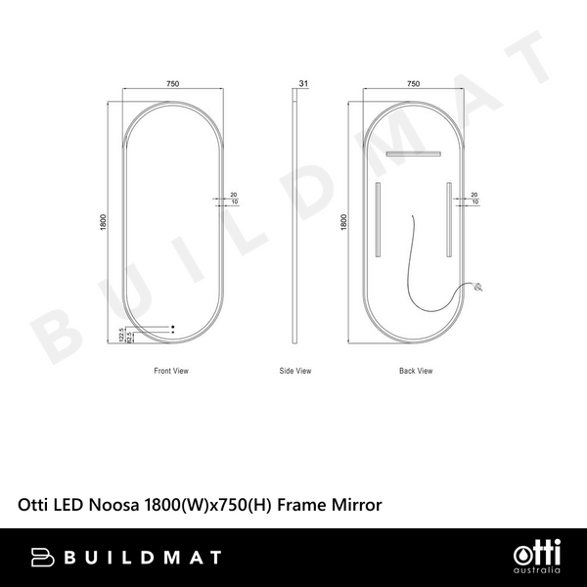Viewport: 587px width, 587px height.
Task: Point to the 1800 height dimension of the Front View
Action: pos(103,222)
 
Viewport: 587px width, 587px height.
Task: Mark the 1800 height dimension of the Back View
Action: pos(344,222)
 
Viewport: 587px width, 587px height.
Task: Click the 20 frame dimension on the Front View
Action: pos(234,195)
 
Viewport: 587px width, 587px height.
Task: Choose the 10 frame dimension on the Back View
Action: pos(474,203)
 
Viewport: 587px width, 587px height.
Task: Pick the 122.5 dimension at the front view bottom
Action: pos(120,335)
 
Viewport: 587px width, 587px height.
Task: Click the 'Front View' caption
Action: pos(171,372)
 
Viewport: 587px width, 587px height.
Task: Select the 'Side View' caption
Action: pos(295,372)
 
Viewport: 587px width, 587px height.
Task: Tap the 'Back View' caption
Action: pos(415,372)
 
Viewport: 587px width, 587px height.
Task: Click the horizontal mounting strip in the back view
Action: pos(413,154)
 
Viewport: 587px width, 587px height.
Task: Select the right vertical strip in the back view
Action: pos(449,219)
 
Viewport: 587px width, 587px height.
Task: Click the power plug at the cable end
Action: pos(476,288)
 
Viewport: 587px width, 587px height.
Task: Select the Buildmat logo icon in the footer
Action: pos(43,557)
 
